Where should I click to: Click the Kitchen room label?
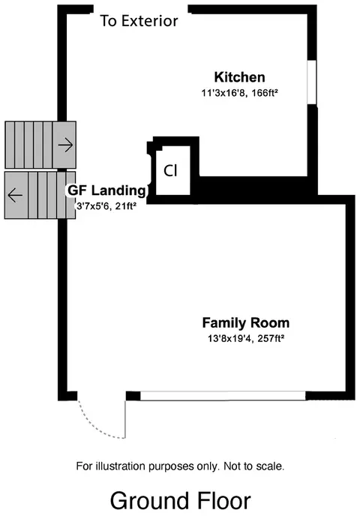[240, 77]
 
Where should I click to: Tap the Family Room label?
[246, 323]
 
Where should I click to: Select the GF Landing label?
[107, 190]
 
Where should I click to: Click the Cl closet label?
[170, 171]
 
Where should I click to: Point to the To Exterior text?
[139, 21]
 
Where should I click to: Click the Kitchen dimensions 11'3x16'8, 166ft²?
[239, 93]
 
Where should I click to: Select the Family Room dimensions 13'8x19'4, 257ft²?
[246, 338]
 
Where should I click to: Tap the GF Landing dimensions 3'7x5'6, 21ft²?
[106, 206]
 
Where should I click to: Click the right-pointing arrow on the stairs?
[65, 145]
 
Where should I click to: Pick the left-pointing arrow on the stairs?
[15, 195]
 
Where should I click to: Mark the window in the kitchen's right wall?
[311, 82]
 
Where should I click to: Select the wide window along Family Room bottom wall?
[223, 396]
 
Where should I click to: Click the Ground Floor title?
[180, 501]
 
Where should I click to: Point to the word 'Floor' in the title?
[223, 501]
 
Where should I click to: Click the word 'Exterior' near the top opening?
[149, 21]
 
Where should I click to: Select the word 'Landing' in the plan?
[118, 191]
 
